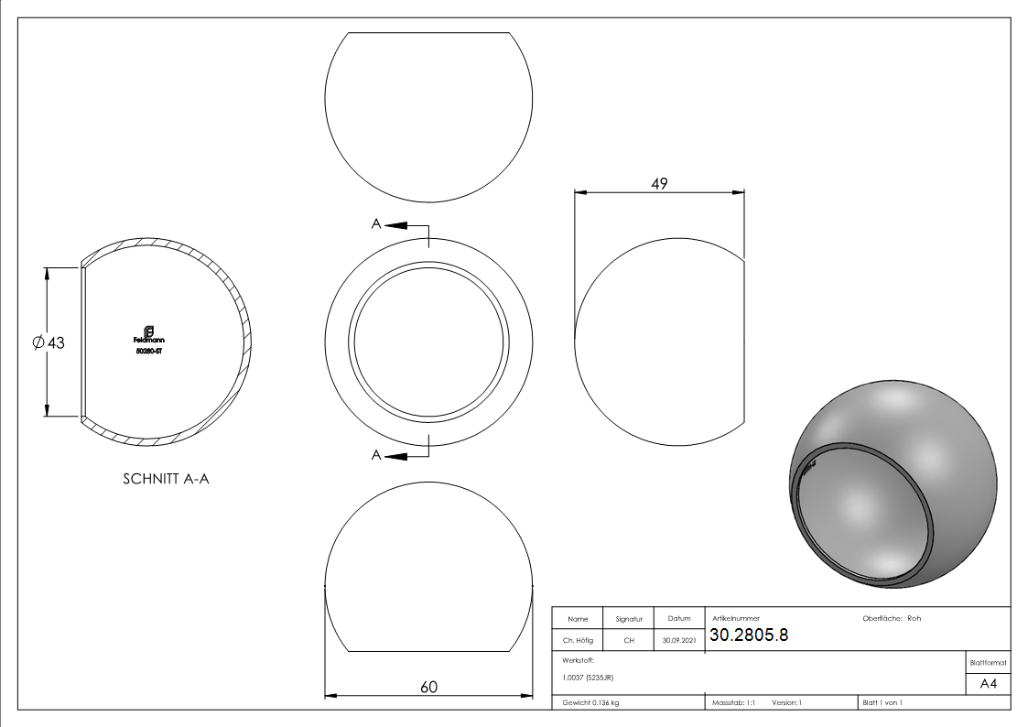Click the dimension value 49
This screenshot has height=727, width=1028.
point(659,183)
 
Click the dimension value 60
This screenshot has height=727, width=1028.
point(428,687)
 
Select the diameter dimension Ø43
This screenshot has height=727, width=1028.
point(48,342)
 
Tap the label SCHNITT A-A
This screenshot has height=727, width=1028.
point(166,479)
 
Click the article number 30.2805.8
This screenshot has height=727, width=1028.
point(748,635)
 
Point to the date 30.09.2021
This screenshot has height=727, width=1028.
point(679,641)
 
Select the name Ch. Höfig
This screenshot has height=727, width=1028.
point(577,641)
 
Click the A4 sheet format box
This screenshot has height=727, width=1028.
point(988,684)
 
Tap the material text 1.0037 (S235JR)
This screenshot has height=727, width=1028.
point(588,677)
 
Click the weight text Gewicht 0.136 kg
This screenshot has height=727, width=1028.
point(591,702)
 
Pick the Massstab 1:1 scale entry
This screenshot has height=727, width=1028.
point(733,702)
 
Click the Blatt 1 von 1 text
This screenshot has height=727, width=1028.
point(882,702)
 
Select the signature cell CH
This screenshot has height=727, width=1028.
point(629,641)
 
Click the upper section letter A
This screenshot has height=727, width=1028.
point(375,225)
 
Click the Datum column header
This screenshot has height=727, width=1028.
point(679,619)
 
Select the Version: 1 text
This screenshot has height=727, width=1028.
point(786,702)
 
